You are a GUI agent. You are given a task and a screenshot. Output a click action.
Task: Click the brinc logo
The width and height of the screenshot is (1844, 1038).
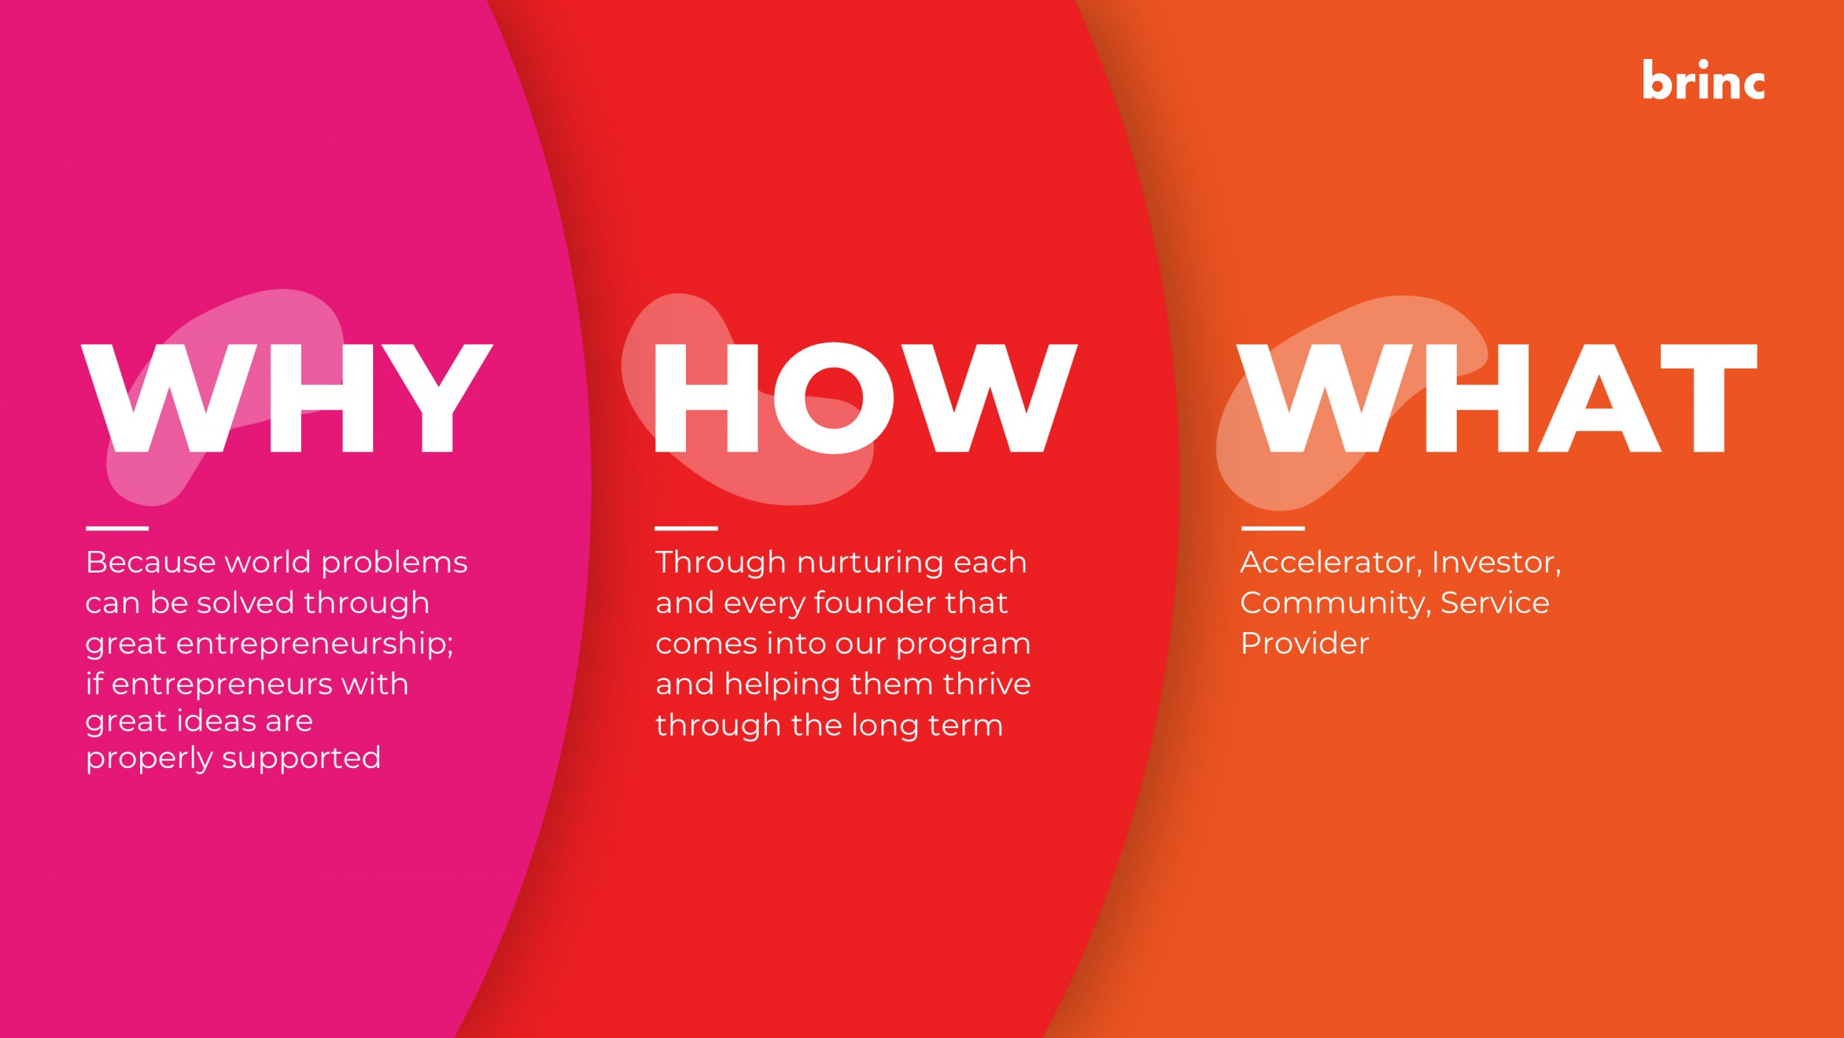point(1703,80)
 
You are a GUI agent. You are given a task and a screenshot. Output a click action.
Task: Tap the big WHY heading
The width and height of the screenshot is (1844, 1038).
point(287,398)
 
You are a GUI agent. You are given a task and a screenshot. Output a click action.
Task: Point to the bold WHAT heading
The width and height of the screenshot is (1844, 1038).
point(1497,398)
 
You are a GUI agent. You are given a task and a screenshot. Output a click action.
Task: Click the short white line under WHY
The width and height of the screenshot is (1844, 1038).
point(117,528)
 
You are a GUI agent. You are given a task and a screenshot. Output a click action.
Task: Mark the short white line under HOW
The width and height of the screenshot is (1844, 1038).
point(686,528)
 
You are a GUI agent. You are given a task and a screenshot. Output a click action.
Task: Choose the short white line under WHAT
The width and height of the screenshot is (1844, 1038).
point(1273,528)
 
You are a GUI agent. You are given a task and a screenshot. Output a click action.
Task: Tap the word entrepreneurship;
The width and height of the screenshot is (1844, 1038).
point(315,644)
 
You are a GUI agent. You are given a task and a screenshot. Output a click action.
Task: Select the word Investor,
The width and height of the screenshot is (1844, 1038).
point(1496,563)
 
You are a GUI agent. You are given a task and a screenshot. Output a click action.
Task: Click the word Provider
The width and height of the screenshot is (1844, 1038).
point(1304,643)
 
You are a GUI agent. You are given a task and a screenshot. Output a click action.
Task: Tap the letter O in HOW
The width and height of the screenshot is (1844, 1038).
point(833,398)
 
